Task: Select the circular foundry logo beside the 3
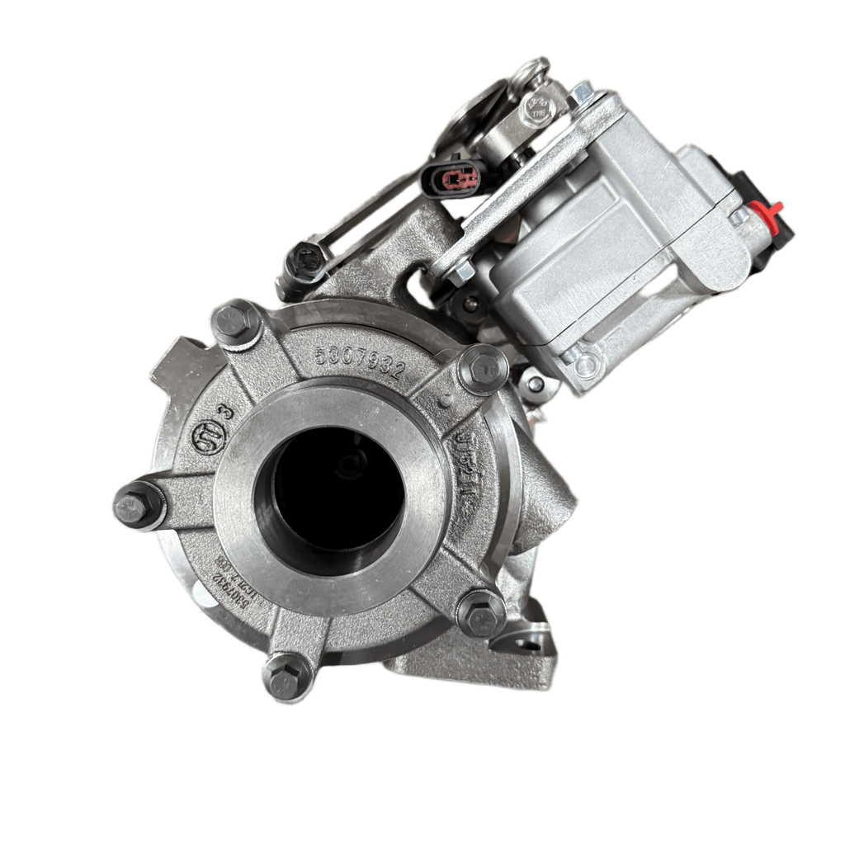coord(206,439)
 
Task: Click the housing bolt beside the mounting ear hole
coord(481,612)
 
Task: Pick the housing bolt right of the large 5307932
coord(483,369)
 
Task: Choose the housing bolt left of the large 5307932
coord(236,322)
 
